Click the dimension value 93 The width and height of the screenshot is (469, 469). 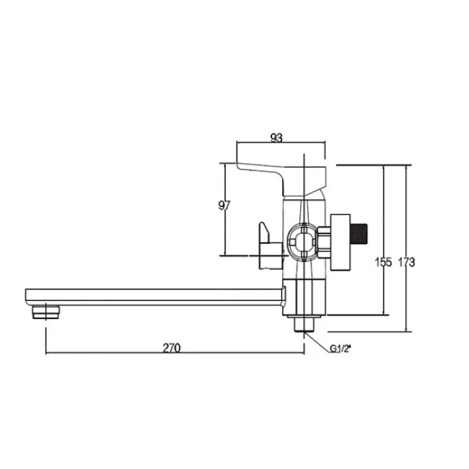tap(276, 138)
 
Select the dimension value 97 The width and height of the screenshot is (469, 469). tap(224, 206)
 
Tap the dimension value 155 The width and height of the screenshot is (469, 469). tap(383, 263)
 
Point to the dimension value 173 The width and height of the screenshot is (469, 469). tap(406, 263)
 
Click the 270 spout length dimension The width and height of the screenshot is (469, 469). tap(172, 348)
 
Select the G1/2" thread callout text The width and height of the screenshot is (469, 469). tap(340, 349)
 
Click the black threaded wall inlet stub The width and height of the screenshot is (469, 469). tap(359, 234)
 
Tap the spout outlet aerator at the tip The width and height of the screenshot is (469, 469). tap(45, 312)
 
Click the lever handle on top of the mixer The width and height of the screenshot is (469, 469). tap(281, 177)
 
